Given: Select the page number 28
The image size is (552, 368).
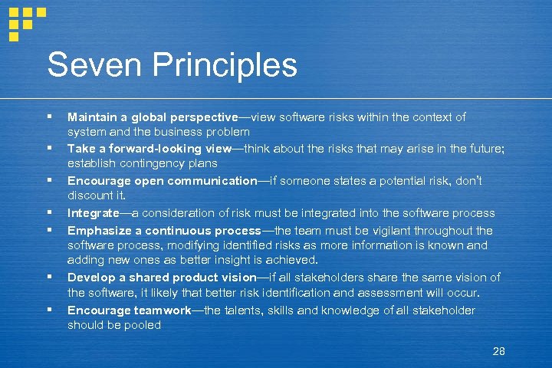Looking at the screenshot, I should pos(498,351).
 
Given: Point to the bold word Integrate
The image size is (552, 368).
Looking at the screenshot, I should pos(93,213).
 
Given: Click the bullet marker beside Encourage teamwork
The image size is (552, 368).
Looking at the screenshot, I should pos(49,310).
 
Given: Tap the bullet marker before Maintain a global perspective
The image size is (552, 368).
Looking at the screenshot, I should pos(49,117).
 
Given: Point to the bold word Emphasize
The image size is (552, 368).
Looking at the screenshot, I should pos(98,230).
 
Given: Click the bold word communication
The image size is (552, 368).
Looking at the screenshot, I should pos(215,181).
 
